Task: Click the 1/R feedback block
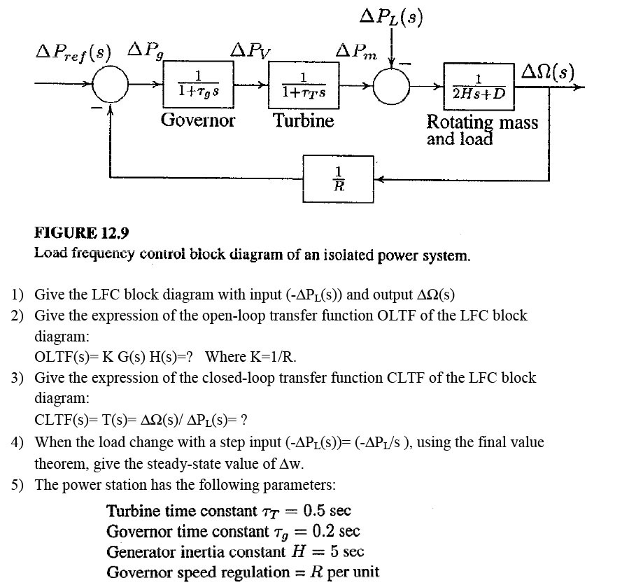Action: pyautogui.click(x=339, y=178)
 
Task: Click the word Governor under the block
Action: pyautogui.click(x=198, y=120)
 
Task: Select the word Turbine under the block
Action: pyautogui.click(x=304, y=120)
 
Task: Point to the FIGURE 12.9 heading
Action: pyautogui.click(x=83, y=233)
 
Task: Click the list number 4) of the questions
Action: pyautogui.click(x=19, y=442)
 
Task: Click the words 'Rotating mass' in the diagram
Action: pyautogui.click(x=483, y=122)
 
